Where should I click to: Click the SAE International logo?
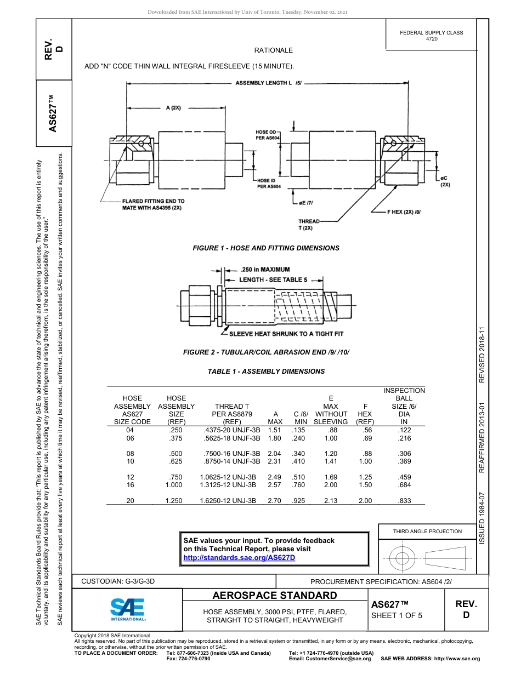click(x=127, y=608)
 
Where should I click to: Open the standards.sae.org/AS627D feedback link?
click(x=239, y=557)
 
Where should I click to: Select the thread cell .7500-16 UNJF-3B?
click(x=230, y=454)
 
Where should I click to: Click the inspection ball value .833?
click(x=404, y=501)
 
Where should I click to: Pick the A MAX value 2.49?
click(x=274, y=477)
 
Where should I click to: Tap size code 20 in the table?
click(x=130, y=501)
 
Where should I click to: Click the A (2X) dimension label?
click(x=173, y=108)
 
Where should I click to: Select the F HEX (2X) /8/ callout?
click(x=404, y=211)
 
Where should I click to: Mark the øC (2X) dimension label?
click(x=445, y=181)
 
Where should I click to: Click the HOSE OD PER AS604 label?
click(x=268, y=135)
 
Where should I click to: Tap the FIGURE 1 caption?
click(x=266, y=248)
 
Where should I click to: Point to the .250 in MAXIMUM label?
click(x=265, y=270)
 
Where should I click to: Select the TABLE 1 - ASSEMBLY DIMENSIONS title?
click(x=266, y=372)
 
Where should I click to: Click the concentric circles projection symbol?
click(x=403, y=558)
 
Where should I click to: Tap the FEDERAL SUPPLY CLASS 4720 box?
click(x=431, y=36)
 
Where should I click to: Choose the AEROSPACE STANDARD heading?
click(x=275, y=596)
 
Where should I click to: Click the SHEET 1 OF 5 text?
click(x=397, y=615)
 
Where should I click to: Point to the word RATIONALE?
click(x=273, y=50)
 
